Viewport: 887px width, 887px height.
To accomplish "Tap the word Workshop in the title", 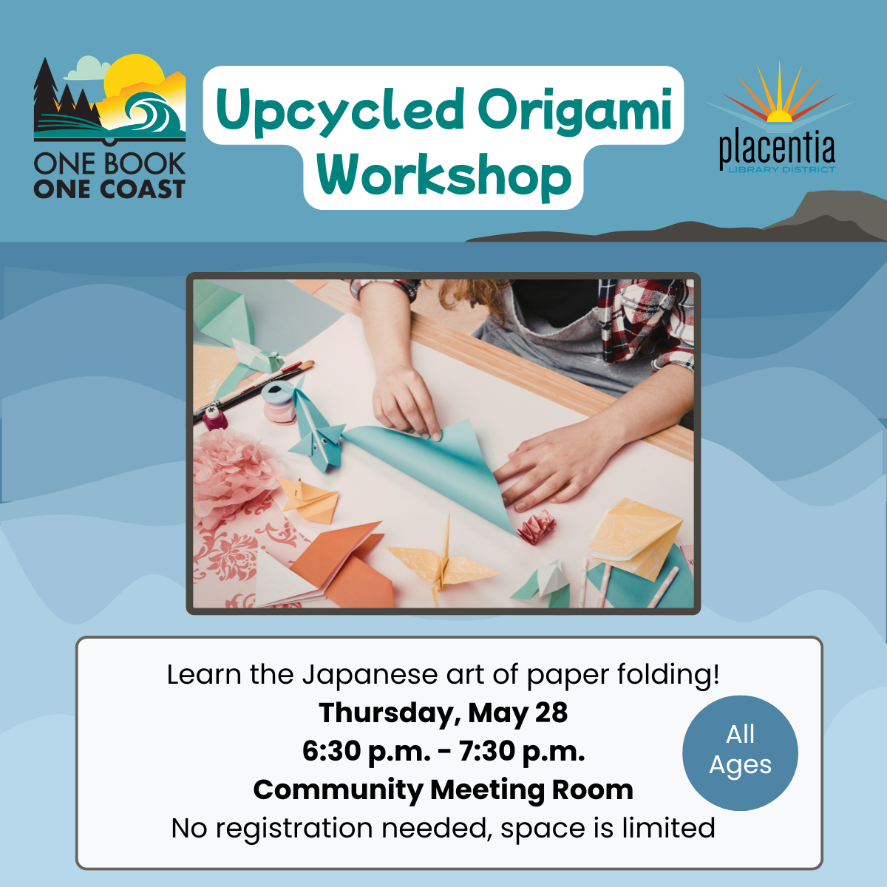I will (443, 175).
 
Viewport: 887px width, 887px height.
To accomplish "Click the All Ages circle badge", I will (740, 752).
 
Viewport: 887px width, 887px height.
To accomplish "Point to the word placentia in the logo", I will (777, 150).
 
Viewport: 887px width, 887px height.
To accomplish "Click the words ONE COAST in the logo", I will (109, 189).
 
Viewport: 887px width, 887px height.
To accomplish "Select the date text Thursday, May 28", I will (443, 713).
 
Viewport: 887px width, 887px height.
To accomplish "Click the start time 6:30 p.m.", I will (366, 752).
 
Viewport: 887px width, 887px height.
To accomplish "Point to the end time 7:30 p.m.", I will (522, 752).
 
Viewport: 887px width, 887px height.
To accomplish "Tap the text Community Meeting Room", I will (443, 790).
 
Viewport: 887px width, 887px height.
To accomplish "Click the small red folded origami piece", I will (536, 527).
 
